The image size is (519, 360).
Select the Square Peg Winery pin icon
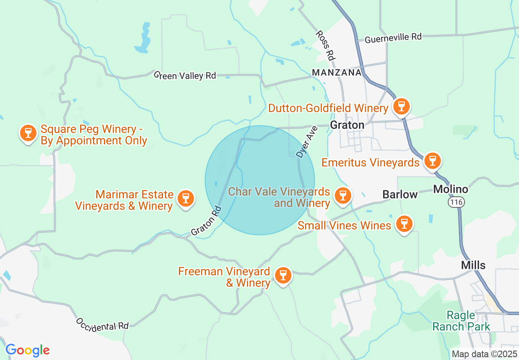[x=28, y=133]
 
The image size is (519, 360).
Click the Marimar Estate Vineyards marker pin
[x=186, y=198]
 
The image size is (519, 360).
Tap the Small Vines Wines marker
[x=404, y=224]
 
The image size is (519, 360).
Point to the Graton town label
[x=347, y=125]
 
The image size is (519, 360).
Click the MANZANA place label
[x=336, y=72]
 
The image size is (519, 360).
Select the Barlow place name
[x=400, y=194]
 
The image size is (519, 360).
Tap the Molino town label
[x=451, y=189]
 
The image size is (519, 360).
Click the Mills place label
[x=473, y=265]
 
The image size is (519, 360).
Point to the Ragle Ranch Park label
[x=461, y=321]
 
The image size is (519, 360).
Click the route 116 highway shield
[x=455, y=202]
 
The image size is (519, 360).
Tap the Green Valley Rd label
[x=185, y=75]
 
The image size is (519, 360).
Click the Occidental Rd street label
[x=102, y=324]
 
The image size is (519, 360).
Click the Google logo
[x=27, y=351]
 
